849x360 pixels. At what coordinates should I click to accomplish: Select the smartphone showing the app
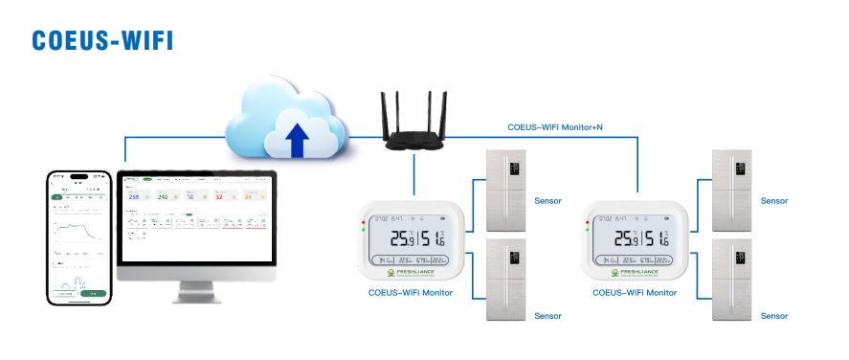point(80,236)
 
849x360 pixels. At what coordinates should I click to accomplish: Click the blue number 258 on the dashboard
point(134,196)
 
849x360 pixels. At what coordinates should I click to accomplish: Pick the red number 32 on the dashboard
point(218,196)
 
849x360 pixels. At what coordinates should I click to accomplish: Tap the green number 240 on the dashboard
point(162,196)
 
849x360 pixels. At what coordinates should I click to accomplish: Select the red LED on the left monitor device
point(363,225)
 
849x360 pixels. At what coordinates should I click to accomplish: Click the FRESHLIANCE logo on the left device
point(412,273)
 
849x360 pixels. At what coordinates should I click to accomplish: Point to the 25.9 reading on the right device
point(627,239)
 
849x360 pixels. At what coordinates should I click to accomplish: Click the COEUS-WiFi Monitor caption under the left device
point(411,293)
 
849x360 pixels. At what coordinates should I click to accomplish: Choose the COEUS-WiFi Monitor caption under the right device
point(635,293)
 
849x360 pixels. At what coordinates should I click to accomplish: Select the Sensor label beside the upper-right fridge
point(774,201)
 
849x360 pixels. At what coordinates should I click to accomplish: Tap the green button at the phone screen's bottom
point(93,294)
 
